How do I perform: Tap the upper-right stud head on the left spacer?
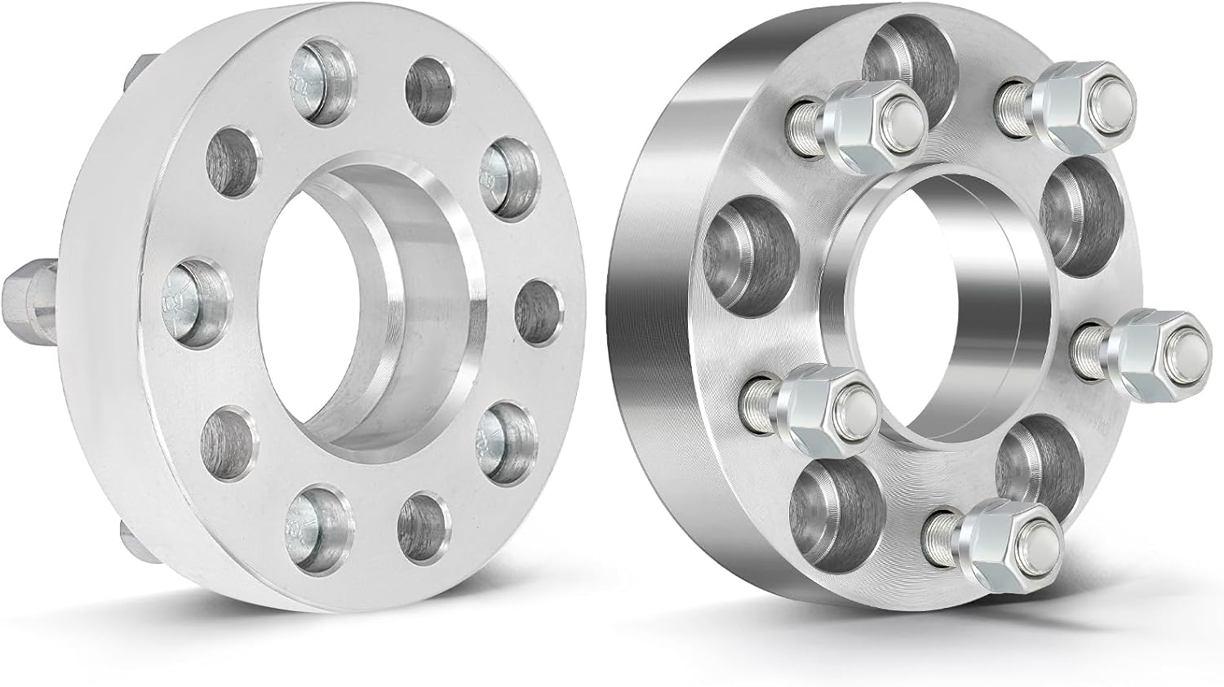point(501,172)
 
